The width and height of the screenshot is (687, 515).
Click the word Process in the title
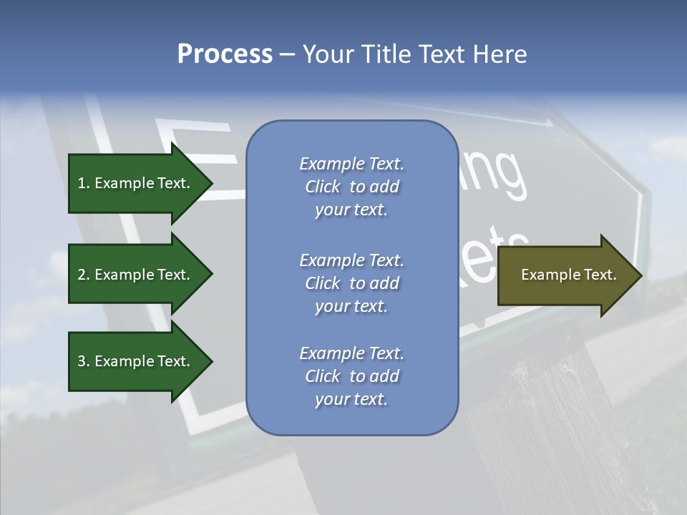point(225,54)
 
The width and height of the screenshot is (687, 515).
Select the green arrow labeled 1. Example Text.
point(136,183)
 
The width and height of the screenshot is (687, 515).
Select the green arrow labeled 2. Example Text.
point(136,275)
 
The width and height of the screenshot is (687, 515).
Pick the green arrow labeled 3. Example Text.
point(136,361)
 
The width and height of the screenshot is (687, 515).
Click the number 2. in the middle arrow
point(83,275)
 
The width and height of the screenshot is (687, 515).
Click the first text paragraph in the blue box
point(351,187)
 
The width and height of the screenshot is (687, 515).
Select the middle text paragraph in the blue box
point(351,283)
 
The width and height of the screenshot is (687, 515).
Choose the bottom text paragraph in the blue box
point(351,376)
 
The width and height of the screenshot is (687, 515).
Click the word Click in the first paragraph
point(323,187)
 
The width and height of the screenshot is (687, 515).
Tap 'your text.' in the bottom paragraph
point(351,399)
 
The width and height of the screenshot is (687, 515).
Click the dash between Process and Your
point(287,54)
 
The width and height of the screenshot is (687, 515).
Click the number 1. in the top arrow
point(83,183)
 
